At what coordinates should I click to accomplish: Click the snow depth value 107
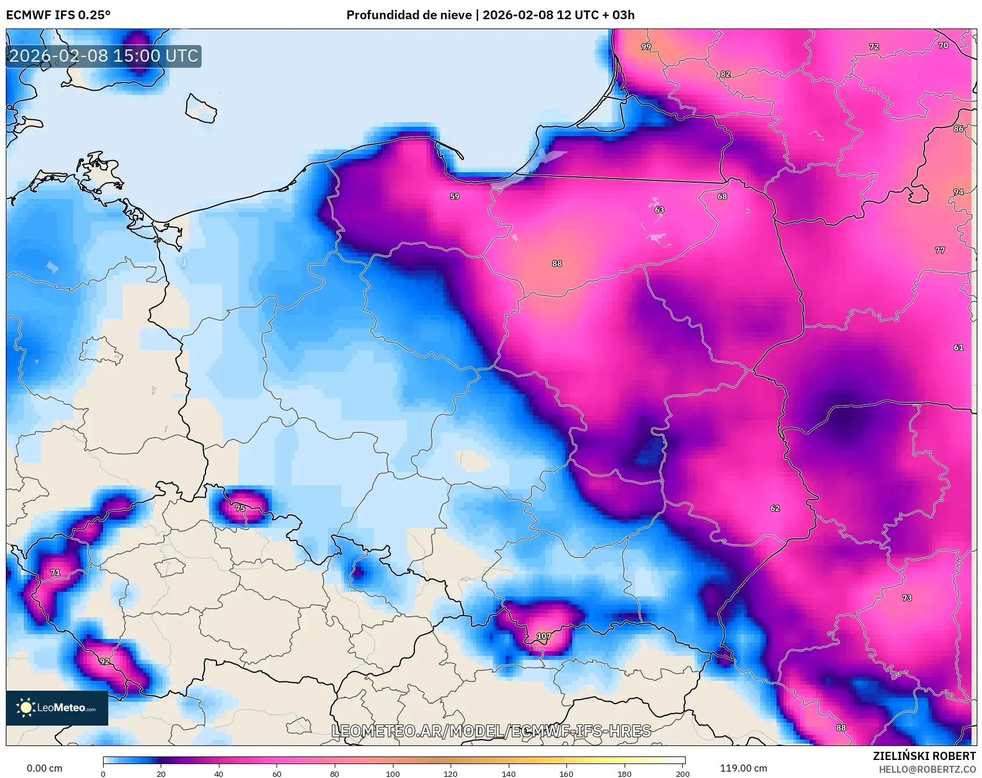click(x=543, y=636)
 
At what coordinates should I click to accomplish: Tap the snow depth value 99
click(x=646, y=47)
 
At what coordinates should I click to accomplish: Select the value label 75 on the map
click(x=240, y=508)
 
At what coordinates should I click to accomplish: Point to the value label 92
click(x=104, y=662)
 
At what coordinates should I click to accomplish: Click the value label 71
click(x=55, y=573)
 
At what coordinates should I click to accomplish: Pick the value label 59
click(x=455, y=197)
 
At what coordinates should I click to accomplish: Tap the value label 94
click(x=958, y=192)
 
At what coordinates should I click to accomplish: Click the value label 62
click(x=775, y=508)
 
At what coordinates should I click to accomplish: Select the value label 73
click(x=907, y=598)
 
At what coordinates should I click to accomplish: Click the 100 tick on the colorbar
click(x=393, y=773)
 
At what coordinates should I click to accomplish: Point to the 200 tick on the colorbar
click(x=682, y=773)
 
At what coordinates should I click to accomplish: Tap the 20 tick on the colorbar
click(x=161, y=773)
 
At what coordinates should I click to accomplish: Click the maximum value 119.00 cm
click(x=743, y=768)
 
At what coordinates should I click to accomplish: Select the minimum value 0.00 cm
click(x=44, y=768)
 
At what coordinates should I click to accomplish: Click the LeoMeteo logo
click(x=57, y=708)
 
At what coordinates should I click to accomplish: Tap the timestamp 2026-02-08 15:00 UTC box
click(x=104, y=56)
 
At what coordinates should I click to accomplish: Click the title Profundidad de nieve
click(x=409, y=15)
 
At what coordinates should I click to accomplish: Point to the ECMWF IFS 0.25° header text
click(x=58, y=15)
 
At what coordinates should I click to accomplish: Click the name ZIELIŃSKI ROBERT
click(x=924, y=756)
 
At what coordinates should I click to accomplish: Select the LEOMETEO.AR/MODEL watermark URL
click(x=491, y=731)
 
